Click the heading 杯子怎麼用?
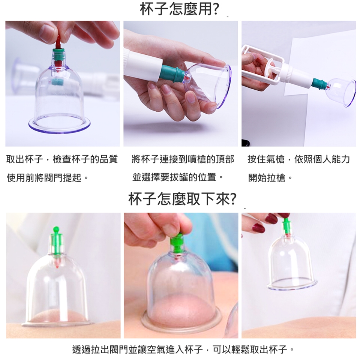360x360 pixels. pyautogui.click(x=179, y=9)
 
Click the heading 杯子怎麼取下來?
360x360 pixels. pyautogui.click(x=182, y=199)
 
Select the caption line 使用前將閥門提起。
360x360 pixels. pyautogui.click(x=48, y=177)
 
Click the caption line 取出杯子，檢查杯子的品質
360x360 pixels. pyautogui.click(x=62, y=159)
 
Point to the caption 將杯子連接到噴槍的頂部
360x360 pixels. pyautogui.click(x=183, y=159)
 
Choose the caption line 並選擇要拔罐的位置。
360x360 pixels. pyautogui.click(x=178, y=177)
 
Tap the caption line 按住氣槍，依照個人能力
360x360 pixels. pyautogui.click(x=299, y=159)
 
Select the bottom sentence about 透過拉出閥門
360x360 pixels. pyautogui.click(x=183, y=349)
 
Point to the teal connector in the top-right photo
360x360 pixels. pyautogui.click(x=319, y=84)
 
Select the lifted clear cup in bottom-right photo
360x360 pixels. pyautogui.click(x=292, y=264)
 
